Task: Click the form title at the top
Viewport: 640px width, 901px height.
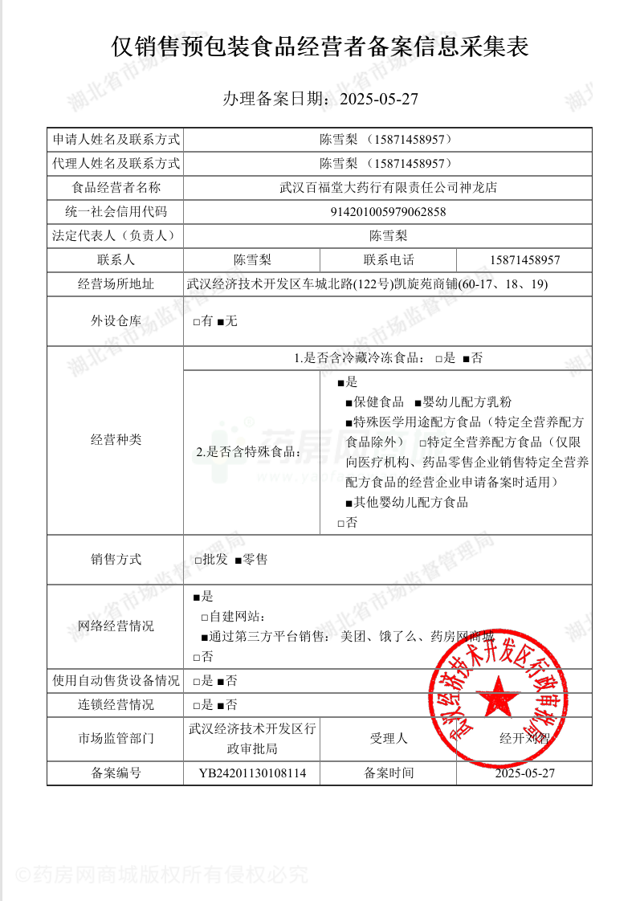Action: click(320, 47)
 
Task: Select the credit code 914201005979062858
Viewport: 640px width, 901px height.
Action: click(388, 212)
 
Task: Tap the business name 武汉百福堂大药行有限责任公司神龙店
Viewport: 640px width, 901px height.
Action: click(388, 188)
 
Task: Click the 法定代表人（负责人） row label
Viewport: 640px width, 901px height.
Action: click(116, 236)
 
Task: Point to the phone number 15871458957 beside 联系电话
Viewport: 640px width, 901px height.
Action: click(524, 260)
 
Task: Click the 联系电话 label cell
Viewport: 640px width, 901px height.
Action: click(389, 260)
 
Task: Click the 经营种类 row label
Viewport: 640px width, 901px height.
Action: click(116, 440)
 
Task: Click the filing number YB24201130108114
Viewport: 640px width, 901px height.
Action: click(252, 773)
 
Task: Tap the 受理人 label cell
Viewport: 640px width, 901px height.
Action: click(389, 738)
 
